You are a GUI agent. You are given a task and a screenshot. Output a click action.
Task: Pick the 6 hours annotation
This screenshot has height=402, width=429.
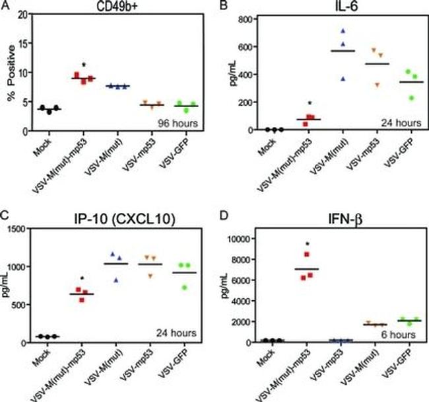[396, 335]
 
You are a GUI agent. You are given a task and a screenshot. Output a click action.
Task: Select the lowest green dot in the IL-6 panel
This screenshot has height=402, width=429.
[412, 97]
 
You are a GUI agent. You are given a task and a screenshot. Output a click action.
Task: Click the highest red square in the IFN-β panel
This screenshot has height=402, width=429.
[306, 255]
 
